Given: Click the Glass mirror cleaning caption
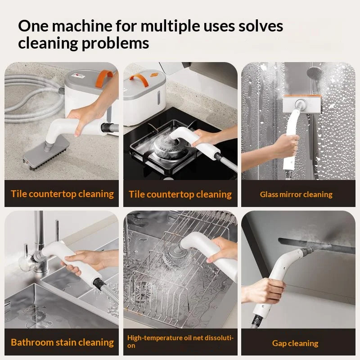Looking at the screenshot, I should point(296,194).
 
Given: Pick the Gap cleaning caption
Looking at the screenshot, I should point(295,343).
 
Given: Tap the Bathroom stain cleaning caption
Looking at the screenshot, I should point(62,342).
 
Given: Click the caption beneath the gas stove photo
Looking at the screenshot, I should point(180,194).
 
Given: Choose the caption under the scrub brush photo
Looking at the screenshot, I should point(62,194).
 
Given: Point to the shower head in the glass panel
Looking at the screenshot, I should point(315,72).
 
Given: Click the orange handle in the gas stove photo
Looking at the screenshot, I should point(141,82).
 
